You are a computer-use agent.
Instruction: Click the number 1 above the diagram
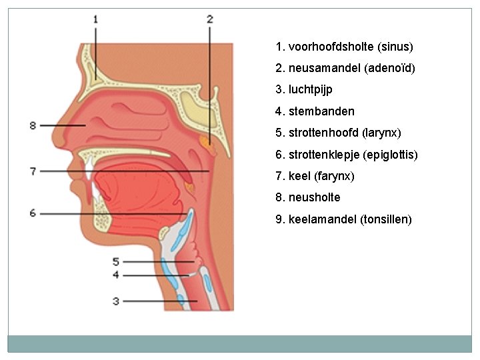pyautogui.click(x=95, y=19)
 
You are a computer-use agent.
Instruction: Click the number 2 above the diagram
pyautogui.click(x=209, y=19)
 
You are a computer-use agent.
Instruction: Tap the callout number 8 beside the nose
pyautogui.click(x=33, y=125)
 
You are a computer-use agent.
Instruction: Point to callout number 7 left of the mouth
pyautogui.click(x=33, y=171)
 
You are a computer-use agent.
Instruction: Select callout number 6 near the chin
pyautogui.click(x=33, y=213)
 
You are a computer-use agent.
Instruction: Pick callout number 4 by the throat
pyautogui.click(x=116, y=275)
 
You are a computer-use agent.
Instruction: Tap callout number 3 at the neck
pyautogui.click(x=116, y=301)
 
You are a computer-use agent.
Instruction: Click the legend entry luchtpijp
pyautogui.click(x=310, y=90)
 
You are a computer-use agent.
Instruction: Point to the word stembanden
pyautogui.click(x=321, y=111)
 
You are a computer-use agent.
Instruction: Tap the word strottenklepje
pyautogui.click(x=323, y=155)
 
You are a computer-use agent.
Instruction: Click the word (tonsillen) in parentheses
pyautogui.click(x=386, y=219)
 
